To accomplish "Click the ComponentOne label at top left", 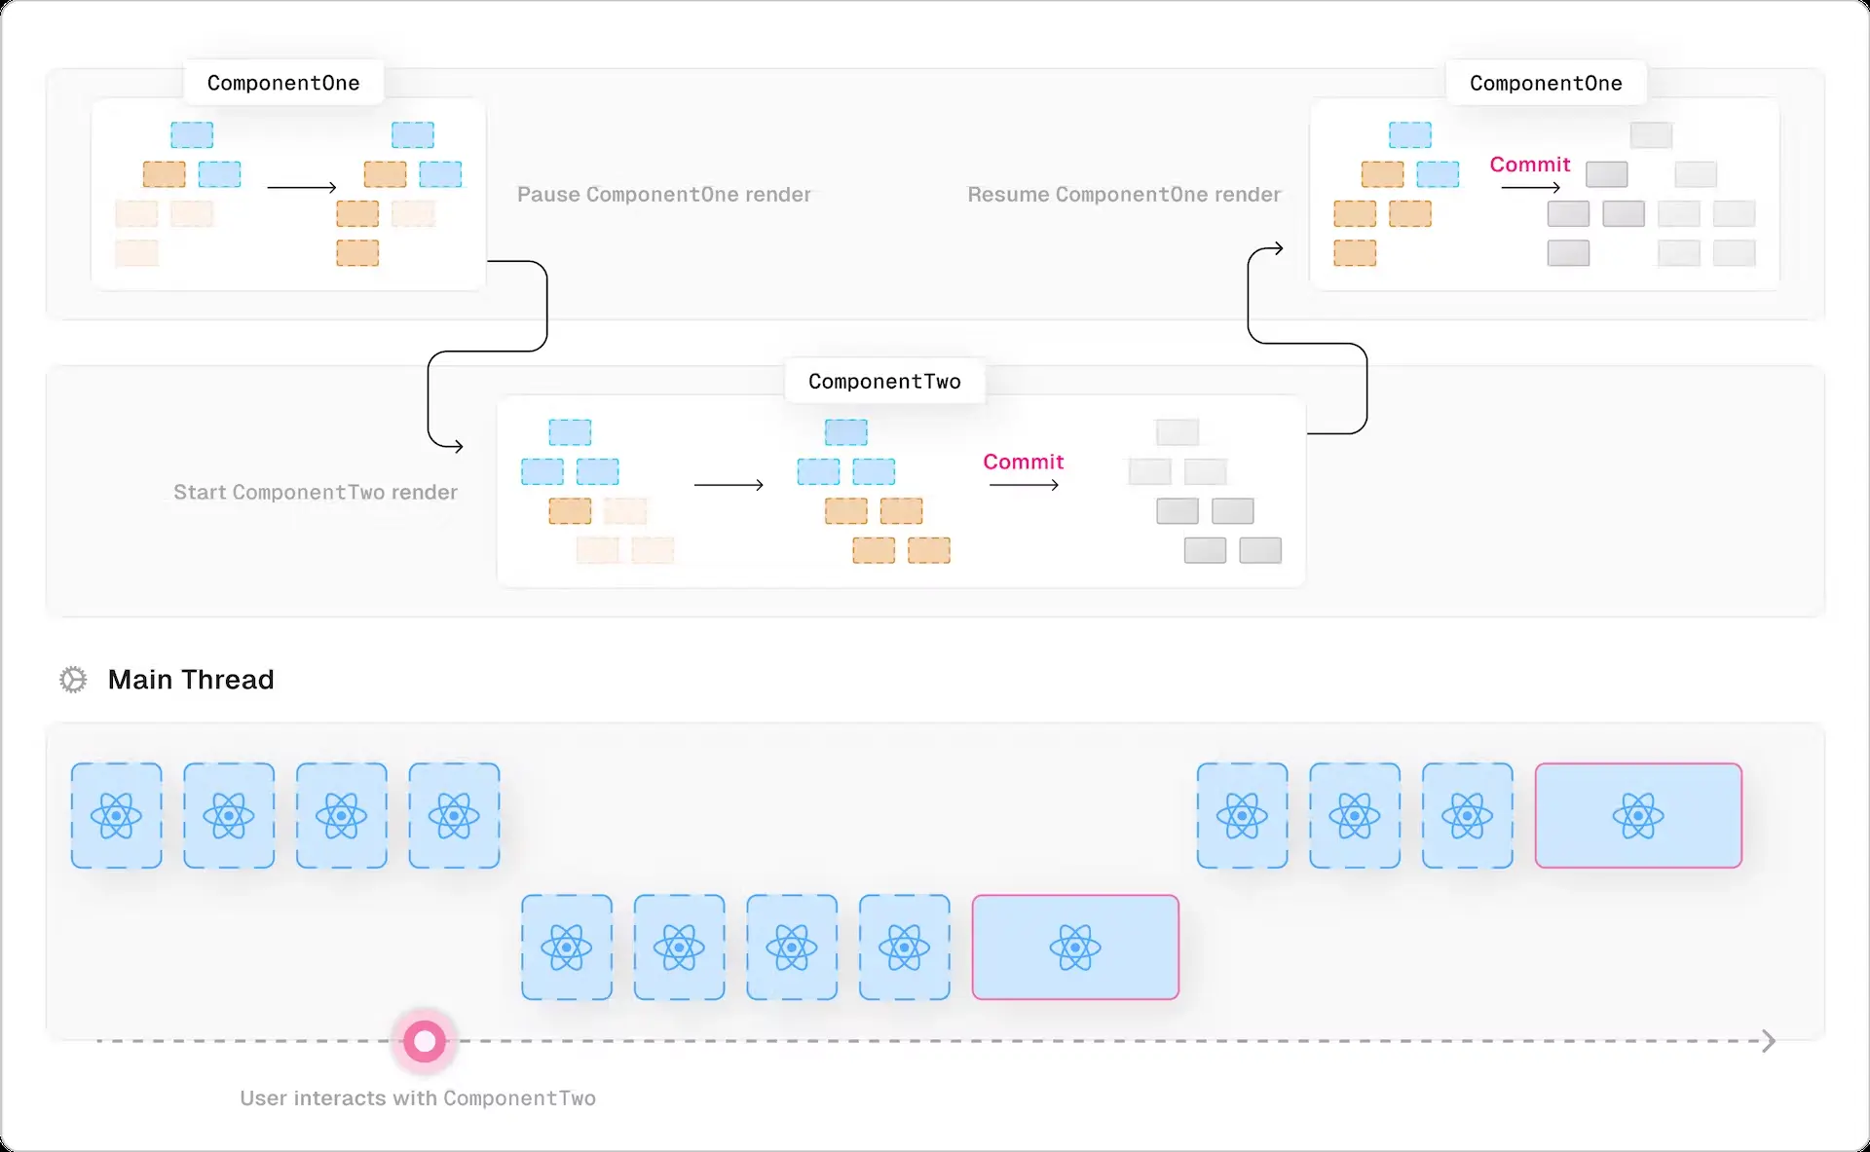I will coord(283,83).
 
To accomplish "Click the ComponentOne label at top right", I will coord(1546,84).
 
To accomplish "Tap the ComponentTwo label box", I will coord(884,382).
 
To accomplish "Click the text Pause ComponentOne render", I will coord(663,195).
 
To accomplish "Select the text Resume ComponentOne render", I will coord(1124,195).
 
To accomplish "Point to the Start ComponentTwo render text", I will coord(316,493).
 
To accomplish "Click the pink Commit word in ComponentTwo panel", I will coord(1023,462).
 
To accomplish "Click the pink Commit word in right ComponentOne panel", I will coord(1529,165).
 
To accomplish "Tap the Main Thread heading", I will coord(191,680).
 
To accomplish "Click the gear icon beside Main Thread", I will coord(73,680).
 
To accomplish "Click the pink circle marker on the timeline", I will coord(425,1042).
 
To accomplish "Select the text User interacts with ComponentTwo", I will coord(418,1098).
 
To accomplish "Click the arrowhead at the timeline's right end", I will coord(1769,1042).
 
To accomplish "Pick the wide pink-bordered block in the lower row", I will coord(1075,948).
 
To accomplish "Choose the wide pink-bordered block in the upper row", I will coord(1638,816).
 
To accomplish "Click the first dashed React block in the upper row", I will coord(117,816).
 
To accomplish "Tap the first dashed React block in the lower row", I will coord(567,948).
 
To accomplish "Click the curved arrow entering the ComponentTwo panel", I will coord(454,446).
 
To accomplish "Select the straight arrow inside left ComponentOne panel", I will coord(302,187).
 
